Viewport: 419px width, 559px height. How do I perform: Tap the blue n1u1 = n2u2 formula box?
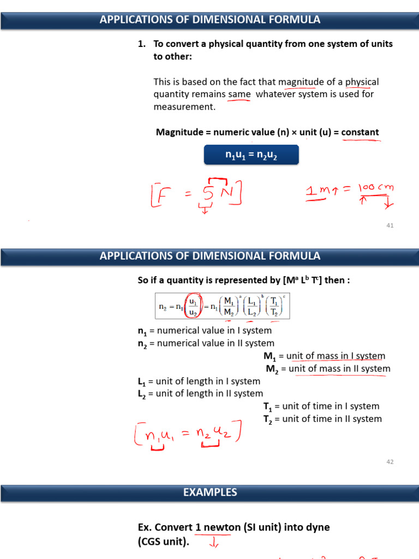click(x=252, y=155)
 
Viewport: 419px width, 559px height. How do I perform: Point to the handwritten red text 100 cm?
click(x=376, y=188)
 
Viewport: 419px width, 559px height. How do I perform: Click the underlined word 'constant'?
click(x=360, y=132)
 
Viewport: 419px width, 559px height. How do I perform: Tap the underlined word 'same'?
click(x=240, y=94)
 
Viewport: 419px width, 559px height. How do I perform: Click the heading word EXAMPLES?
click(x=210, y=492)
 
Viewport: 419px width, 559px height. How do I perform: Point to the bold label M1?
click(x=269, y=356)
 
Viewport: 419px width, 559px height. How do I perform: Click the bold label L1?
click(x=142, y=381)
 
